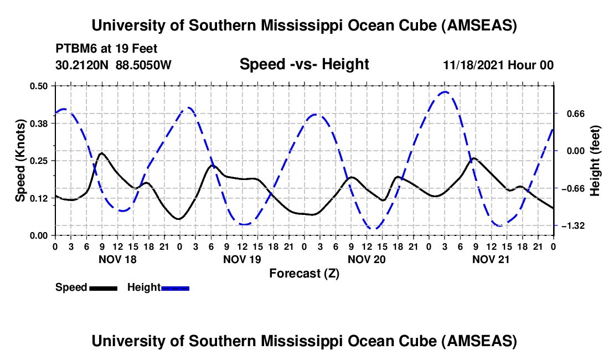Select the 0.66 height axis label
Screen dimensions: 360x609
click(572, 114)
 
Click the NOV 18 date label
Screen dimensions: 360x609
click(117, 259)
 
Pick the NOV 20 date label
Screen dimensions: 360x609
click(367, 259)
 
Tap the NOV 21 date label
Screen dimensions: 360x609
click(491, 259)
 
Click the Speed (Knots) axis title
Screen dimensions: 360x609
click(20, 161)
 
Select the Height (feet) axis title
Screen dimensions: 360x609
click(595, 161)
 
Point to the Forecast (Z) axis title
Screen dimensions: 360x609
click(304, 273)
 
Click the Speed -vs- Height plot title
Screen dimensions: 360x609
click(304, 64)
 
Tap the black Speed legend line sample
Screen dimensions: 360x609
click(102, 288)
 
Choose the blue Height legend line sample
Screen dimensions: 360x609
click(175, 288)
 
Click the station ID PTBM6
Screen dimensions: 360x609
click(75, 49)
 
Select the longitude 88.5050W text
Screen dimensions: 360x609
click(144, 65)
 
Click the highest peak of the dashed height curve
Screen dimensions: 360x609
click(445, 92)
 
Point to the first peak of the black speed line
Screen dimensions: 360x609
click(101, 153)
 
